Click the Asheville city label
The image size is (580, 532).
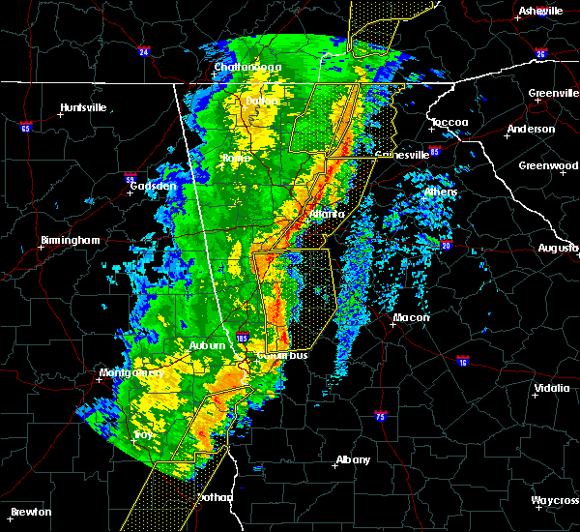(x=540, y=11)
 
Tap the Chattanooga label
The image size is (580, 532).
(x=247, y=67)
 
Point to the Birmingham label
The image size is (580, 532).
(x=70, y=240)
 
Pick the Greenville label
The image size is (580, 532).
(x=553, y=94)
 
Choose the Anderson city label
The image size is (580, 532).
(x=531, y=129)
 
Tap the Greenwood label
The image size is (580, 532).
(x=548, y=165)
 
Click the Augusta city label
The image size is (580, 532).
(x=558, y=248)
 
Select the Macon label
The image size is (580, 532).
(x=411, y=317)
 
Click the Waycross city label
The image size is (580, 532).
(x=554, y=500)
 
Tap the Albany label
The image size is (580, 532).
(x=351, y=459)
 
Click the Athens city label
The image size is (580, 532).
(x=441, y=192)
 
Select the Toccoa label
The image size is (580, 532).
(x=449, y=123)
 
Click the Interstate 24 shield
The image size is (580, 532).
(x=143, y=51)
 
